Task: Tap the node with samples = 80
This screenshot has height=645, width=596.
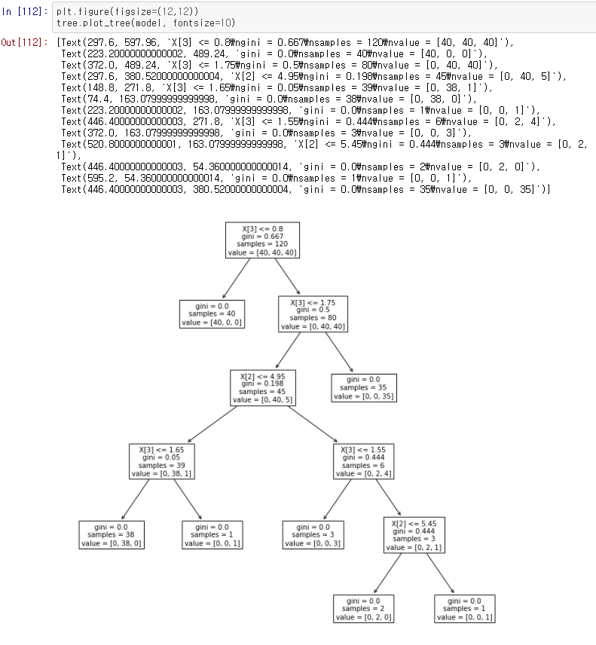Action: pos(313,313)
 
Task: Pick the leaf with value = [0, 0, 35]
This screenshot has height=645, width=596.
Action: pos(364,386)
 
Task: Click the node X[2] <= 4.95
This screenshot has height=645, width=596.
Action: pos(263,386)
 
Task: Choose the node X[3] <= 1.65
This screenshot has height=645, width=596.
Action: pos(162,460)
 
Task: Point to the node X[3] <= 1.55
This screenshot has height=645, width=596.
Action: pos(364,460)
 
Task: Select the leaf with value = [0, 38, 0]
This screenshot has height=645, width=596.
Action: pos(112,534)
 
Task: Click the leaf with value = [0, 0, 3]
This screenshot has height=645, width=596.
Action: pos(313,534)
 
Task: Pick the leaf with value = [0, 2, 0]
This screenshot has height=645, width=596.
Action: pos(364,608)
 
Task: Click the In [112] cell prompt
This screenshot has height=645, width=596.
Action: pos(26,12)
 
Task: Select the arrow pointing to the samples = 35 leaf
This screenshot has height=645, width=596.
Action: pos(339,350)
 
